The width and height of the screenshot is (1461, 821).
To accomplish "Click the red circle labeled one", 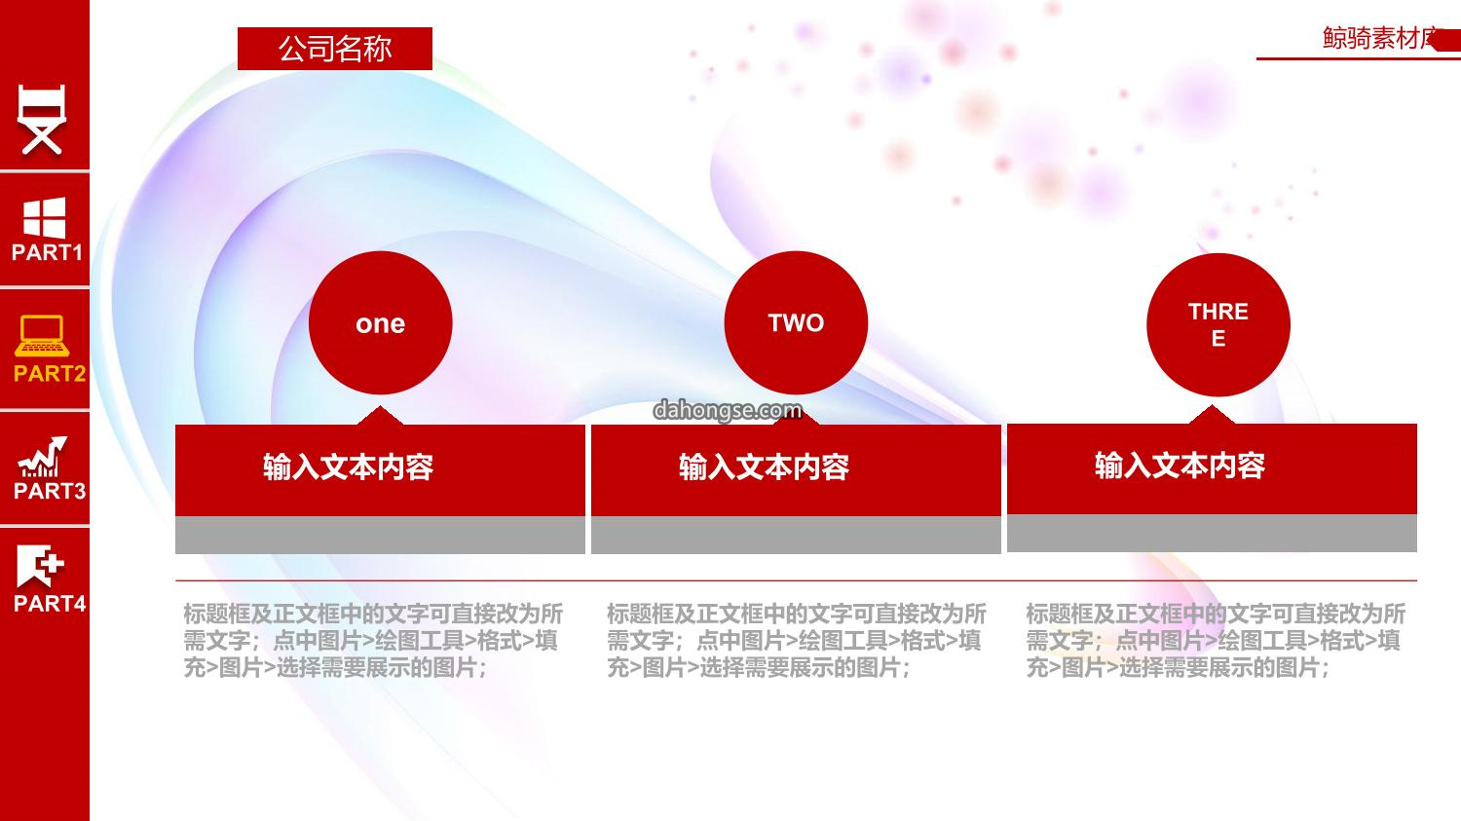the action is click(380, 322).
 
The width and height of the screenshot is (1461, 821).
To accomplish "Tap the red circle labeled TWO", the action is click(796, 322).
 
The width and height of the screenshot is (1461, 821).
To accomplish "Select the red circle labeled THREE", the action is click(1218, 324).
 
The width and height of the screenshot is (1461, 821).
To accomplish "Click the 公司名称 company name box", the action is click(335, 49).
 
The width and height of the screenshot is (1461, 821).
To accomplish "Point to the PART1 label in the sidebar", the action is click(47, 252).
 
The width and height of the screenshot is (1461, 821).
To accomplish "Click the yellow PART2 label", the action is click(50, 374).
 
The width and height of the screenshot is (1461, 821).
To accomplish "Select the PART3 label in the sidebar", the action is click(50, 491).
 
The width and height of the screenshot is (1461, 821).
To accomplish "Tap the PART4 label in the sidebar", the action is click(50, 603).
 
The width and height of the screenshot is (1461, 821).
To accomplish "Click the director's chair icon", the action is click(43, 120).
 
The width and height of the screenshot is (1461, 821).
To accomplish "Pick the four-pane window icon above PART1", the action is click(45, 218).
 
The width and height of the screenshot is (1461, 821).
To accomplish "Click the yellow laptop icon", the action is click(42, 336).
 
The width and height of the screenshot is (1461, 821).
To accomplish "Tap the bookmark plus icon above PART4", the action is click(41, 566).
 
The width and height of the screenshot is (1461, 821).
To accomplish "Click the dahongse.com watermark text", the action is click(728, 410).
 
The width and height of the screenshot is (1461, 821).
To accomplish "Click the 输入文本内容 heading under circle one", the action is click(349, 466).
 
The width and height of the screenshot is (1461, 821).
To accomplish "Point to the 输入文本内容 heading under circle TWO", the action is click(764, 466).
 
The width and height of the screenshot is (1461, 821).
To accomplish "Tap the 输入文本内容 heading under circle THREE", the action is click(1180, 466).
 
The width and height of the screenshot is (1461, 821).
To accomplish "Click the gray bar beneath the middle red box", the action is click(796, 535).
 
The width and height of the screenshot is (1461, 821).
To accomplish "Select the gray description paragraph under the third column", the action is click(1216, 641).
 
